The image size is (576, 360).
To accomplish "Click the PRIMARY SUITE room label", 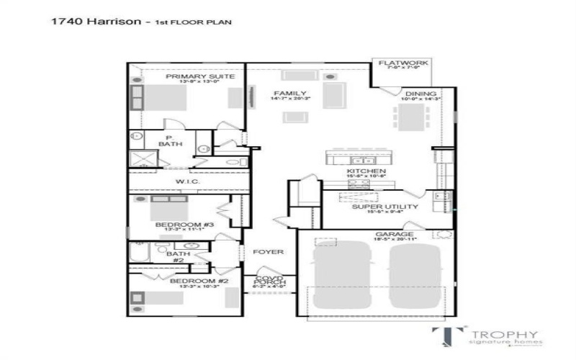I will coord(191,76).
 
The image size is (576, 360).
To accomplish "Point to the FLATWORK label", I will coord(403,63).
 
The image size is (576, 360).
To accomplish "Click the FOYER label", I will coord(268,252).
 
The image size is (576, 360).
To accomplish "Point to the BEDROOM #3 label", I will coord(185,225).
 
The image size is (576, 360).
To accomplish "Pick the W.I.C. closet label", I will coord(186,181).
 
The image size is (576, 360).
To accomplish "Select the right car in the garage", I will coord(414,276).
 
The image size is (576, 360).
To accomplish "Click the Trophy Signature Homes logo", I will coord(487,337).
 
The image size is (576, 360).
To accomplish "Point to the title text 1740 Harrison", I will coord(94,22).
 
